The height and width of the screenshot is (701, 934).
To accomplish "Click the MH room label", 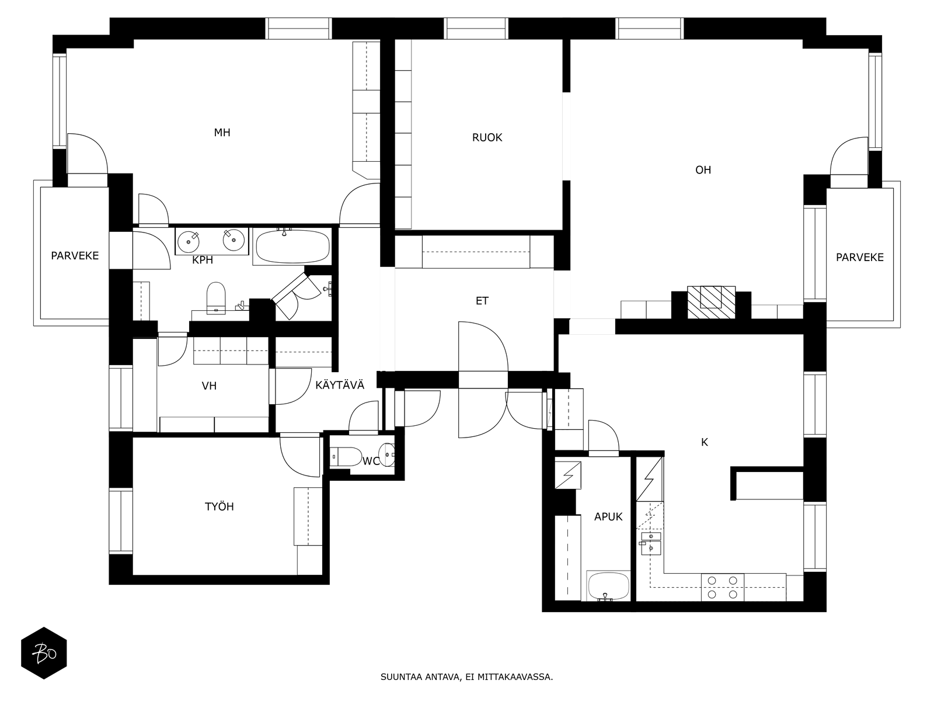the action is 222,133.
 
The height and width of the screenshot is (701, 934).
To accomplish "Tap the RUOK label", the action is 487,137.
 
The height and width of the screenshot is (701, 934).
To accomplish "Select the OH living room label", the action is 703,170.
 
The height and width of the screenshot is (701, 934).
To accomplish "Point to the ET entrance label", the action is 482,301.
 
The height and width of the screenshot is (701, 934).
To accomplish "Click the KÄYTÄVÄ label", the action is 340,385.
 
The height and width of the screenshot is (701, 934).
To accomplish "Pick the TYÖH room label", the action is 219,506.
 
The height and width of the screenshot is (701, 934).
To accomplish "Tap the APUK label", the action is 608,517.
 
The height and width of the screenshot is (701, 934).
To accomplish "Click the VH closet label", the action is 209,386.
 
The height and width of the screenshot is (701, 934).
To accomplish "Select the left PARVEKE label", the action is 75,256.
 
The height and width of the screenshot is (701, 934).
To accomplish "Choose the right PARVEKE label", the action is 859,258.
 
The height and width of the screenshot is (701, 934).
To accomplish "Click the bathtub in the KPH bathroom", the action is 292,247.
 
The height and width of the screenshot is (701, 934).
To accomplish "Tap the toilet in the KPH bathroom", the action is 216,297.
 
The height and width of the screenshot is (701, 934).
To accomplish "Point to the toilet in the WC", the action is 346,456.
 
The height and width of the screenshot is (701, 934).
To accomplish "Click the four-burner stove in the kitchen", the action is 722,587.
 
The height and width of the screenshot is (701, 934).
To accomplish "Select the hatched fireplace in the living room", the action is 711,302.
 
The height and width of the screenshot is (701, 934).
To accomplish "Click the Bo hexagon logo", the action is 44,653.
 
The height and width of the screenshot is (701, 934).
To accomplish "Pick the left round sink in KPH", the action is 188,242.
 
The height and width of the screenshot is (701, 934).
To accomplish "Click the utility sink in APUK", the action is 608,586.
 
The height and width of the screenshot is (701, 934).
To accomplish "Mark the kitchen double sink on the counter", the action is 651,543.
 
